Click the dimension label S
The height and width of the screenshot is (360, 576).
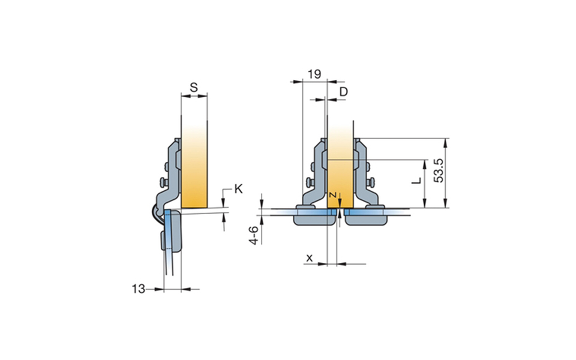194,88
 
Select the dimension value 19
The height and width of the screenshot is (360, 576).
314,74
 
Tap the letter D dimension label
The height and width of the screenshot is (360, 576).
343,92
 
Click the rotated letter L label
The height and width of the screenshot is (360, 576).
416,181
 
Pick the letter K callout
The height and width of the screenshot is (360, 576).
238,189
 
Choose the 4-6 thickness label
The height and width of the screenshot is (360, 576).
253,235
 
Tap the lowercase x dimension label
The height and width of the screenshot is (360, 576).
310,258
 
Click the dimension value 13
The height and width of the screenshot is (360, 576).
139,289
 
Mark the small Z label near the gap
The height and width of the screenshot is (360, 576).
333,195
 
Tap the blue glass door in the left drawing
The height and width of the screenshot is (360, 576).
169,242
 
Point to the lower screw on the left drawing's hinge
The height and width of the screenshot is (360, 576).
163,182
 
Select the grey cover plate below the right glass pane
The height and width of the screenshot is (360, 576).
367,220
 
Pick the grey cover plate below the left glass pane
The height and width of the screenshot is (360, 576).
314,220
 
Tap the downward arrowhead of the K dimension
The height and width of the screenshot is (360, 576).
223,200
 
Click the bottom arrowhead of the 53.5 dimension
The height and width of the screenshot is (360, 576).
446,203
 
